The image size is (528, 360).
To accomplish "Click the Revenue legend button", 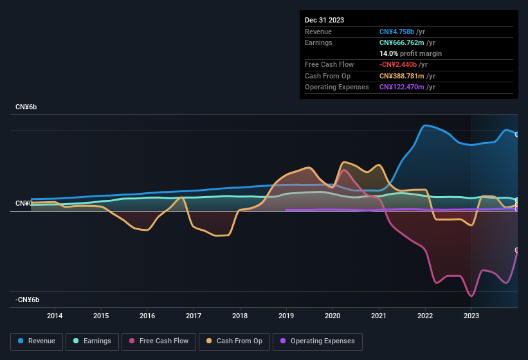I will pos(37,341).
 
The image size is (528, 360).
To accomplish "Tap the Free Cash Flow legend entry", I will pos(159,341).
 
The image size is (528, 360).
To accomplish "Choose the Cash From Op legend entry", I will pos(234,341).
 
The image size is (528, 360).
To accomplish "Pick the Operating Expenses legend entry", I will pos(318,341).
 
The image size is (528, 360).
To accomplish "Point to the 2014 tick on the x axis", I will pos(55,316).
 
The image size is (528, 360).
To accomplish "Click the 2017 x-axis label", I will pos(194,316).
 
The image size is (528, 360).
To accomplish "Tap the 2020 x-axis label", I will pos(332,316).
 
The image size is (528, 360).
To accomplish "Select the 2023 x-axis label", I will pos(471,316).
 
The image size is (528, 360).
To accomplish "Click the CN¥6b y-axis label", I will pos(26,107).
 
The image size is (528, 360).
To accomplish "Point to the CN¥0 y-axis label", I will pos(24,203).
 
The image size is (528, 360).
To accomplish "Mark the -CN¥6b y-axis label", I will pos(28,300).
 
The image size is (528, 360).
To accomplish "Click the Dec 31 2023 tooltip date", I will pos(324,20).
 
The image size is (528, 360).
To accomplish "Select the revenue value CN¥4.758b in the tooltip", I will pos(397,32).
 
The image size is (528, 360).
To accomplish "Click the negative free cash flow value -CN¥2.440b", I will pos(398,64).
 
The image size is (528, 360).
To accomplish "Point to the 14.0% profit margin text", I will pos(410,53).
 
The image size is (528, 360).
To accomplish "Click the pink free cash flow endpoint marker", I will pos(517,250).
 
